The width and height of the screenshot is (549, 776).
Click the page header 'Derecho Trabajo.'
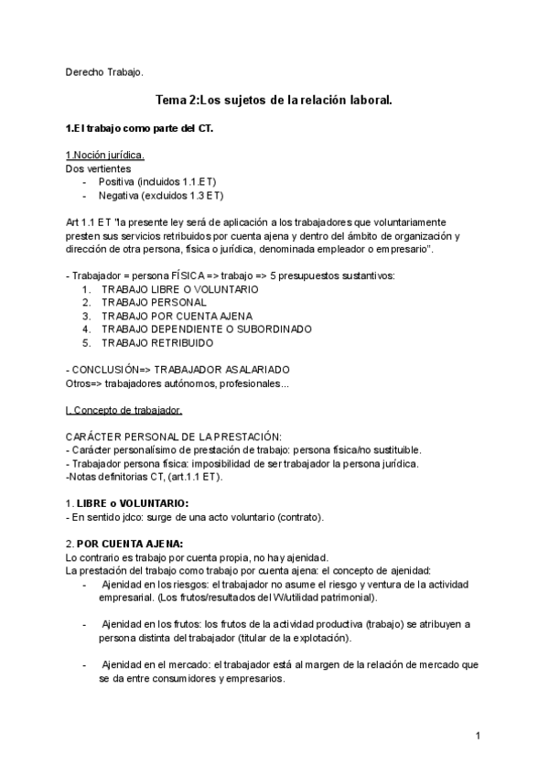pos(105,71)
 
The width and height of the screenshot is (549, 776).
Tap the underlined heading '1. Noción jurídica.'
pos(105,156)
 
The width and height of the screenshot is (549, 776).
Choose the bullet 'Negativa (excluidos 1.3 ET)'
pos(161,195)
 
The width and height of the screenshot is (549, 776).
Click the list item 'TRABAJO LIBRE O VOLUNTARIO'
pos(179,289)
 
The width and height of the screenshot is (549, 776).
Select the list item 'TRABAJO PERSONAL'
pos(154,302)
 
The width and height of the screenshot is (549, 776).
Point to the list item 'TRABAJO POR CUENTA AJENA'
pos(177,316)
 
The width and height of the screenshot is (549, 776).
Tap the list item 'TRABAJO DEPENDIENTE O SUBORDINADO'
pos(206,329)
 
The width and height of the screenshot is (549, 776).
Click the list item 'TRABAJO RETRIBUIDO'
pos(157,342)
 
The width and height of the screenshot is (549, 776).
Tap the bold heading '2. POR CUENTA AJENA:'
pos(124,543)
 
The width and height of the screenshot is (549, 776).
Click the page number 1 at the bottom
pos(478,736)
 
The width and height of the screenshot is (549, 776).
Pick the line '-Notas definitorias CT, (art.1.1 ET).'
pos(145,476)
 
